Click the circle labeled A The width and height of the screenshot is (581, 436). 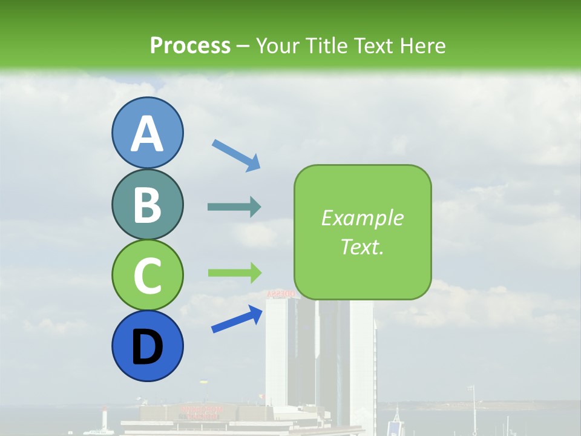[147, 133]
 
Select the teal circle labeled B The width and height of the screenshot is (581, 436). [147, 204]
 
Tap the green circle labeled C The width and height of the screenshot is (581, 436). [147, 275]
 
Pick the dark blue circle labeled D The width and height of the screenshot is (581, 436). [147, 346]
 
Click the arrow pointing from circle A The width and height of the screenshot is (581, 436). [236, 155]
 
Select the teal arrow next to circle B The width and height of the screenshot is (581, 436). [234, 207]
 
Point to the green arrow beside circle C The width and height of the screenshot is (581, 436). [234, 272]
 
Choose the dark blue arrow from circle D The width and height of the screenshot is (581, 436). [237, 319]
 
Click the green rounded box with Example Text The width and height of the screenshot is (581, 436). [363, 233]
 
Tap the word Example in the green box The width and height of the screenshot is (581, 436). [363, 218]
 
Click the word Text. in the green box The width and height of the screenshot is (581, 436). [363, 247]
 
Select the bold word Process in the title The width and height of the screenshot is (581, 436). [190, 45]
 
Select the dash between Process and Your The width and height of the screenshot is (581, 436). [243, 46]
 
